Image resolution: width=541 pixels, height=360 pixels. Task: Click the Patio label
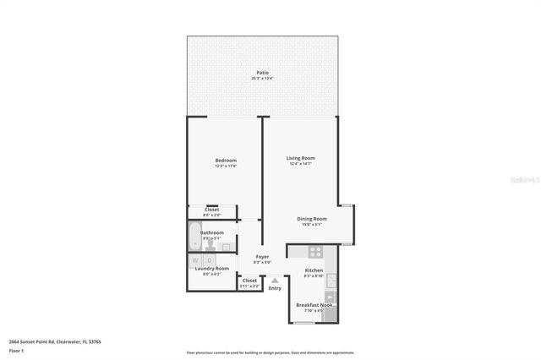263,74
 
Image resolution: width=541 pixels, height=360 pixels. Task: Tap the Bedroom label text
226,161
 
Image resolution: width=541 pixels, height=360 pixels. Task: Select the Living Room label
300,158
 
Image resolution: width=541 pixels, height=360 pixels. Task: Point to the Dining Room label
311,219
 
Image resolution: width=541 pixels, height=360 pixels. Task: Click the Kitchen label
314,270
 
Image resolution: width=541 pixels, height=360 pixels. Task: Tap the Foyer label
262,256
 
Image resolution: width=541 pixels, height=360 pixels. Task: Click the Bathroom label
212,232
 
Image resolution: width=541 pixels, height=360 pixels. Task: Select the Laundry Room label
211,268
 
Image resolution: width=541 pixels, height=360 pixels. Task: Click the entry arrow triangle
275,280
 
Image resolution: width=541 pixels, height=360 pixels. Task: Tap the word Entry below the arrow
275,288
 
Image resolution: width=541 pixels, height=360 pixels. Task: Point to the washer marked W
195,260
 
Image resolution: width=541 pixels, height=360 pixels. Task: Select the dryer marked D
210,260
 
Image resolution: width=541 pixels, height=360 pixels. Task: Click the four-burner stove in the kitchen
315,251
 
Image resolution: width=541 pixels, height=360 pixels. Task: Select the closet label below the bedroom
211,210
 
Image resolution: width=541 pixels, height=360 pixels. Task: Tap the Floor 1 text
16,350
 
